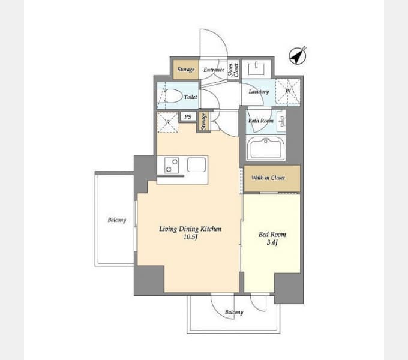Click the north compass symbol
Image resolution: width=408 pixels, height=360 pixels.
pyautogui.click(x=298, y=55)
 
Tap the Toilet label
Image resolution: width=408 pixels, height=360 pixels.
pyautogui.click(x=190, y=97)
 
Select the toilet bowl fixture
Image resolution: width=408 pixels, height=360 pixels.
pyautogui.click(x=170, y=96)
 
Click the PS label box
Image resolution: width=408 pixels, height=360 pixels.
pyautogui.click(x=188, y=117)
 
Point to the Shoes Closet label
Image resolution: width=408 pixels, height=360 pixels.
pyautogui.click(x=233, y=70)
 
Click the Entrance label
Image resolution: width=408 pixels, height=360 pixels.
pyautogui.click(x=214, y=70)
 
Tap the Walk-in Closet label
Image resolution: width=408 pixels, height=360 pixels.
pyautogui.click(x=268, y=178)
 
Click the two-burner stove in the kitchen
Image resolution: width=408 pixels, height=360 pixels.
pyautogui.click(x=172, y=166)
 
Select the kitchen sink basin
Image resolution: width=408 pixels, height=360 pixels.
pyautogui.click(x=196, y=164)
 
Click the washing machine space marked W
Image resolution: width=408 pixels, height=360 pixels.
pyautogui.click(x=288, y=91)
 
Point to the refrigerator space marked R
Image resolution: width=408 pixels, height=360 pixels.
pyautogui.click(x=168, y=122)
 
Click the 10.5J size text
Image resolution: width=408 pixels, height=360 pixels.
pyautogui.click(x=190, y=237)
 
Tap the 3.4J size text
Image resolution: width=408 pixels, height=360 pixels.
pyautogui.click(x=272, y=242)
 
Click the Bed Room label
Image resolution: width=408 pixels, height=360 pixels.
pyautogui.click(x=272, y=235)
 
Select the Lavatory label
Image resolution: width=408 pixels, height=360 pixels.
pyautogui.click(x=259, y=92)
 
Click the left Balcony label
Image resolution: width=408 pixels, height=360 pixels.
pyautogui.click(x=117, y=220)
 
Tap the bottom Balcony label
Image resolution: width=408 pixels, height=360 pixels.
pyautogui.click(x=234, y=312)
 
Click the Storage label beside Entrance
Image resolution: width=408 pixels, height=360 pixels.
pyautogui.click(x=186, y=70)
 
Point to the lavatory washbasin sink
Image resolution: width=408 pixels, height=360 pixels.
pyautogui.click(x=257, y=68)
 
